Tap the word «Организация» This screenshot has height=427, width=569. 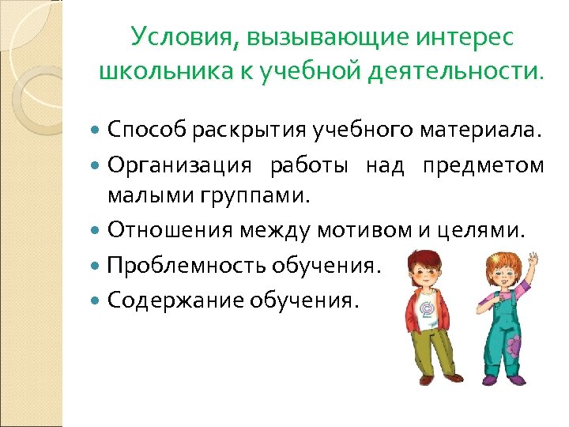coord(180,165)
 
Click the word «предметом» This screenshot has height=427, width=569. coord(483,165)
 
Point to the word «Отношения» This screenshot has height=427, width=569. coord(168,230)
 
